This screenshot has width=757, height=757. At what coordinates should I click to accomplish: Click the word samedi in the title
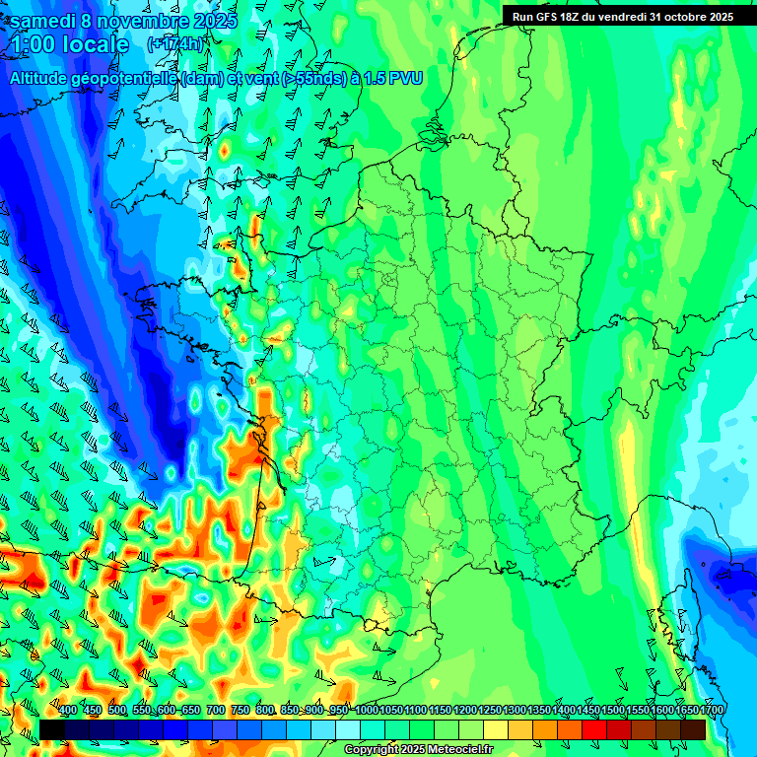tap(43, 21)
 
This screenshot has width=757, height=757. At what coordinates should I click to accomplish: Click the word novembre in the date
tap(142, 21)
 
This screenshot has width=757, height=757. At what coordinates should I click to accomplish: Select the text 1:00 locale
tap(70, 44)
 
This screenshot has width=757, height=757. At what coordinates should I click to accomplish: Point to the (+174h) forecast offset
tap(175, 44)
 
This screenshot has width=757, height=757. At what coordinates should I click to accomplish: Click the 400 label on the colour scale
tap(68, 710)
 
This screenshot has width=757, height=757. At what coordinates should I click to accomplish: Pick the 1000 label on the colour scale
tap(367, 710)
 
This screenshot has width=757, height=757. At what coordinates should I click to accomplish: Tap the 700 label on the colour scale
tap(216, 710)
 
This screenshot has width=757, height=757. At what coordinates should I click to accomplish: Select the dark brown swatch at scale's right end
tap(693, 729)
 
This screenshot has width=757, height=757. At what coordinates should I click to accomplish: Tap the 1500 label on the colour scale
tap(613, 710)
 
